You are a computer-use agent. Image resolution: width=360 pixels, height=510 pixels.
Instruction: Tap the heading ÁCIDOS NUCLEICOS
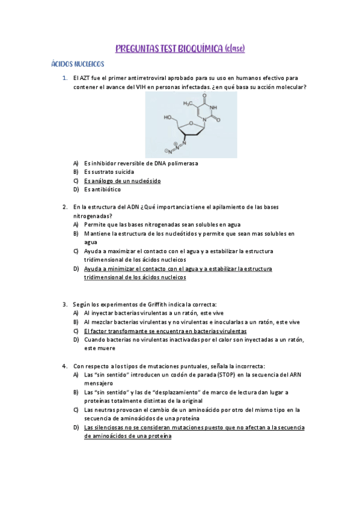point(78,64)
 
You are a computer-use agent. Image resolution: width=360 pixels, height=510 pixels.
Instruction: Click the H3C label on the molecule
point(188,103)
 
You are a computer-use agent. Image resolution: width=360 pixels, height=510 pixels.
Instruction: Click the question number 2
point(64,207)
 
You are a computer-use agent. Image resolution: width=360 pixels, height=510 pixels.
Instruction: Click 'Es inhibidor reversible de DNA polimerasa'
point(141,163)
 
